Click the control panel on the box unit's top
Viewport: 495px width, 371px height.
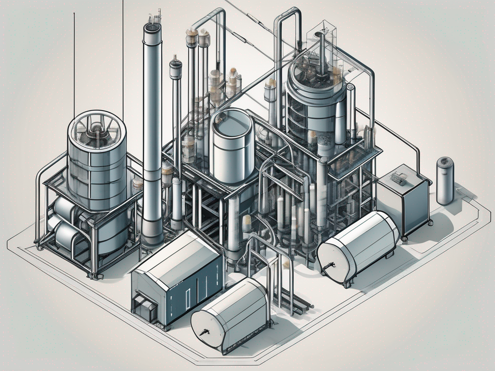[x=399, y=178]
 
